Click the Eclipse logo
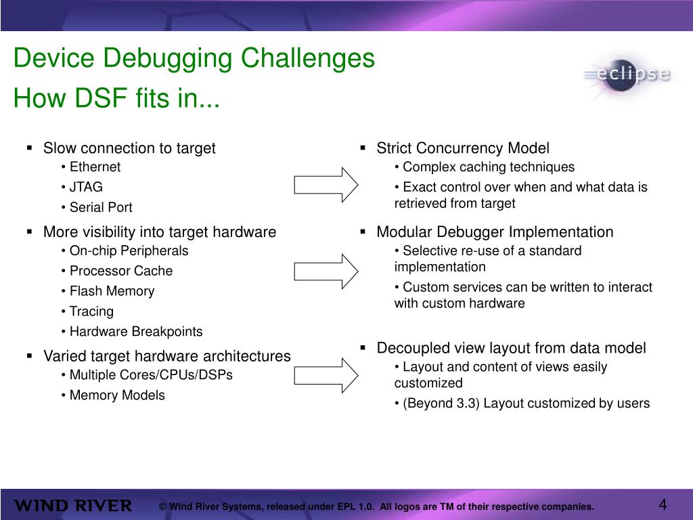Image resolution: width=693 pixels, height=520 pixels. pyautogui.click(x=627, y=74)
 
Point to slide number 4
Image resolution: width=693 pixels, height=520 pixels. pyautogui.click(x=663, y=505)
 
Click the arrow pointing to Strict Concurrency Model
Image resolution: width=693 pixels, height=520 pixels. pyautogui.click(x=326, y=185)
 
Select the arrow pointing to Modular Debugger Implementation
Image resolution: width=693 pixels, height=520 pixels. pyautogui.click(x=326, y=271)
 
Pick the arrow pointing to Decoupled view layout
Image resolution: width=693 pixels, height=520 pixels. pyautogui.click(x=326, y=375)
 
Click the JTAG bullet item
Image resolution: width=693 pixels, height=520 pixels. pyautogui.click(x=86, y=187)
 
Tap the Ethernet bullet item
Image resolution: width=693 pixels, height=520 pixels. pyautogui.click(x=95, y=167)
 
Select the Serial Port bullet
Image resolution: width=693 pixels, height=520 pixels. pyautogui.click(x=101, y=207)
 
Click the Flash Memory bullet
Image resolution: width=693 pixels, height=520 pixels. pyautogui.click(x=112, y=291)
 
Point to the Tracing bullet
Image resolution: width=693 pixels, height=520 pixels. pyautogui.click(x=91, y=311)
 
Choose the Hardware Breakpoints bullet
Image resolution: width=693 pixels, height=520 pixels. pyautogui.click(x=136, y=332)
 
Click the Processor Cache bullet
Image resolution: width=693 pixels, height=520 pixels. pyautogui.click(x=121, y=271)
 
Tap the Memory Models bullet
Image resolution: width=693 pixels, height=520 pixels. pyautogui.click(x=117, y=395)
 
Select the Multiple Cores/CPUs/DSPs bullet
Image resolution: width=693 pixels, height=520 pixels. pyautogui.click(x=151, y=375)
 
